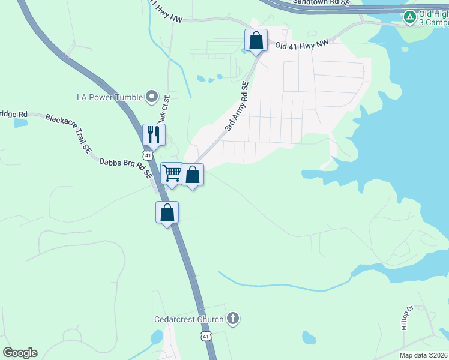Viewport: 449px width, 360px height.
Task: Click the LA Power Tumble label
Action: click(x=110, y=97)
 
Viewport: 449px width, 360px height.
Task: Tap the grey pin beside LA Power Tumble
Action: click(x=152, y=97)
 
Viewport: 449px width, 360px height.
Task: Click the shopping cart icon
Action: click(x=172, y=174)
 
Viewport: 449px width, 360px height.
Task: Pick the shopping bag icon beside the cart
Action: click(x=193, y=175)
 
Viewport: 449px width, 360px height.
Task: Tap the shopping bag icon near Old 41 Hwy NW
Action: click(x=256, y=41)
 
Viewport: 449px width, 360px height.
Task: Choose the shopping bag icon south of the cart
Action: click(x=167, y=212)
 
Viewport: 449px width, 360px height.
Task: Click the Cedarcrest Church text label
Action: click(x=188, y=320)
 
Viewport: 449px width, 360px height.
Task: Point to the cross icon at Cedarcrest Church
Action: click(x=233, y=319)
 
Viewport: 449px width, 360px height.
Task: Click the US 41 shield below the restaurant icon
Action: click(x=148, y=155)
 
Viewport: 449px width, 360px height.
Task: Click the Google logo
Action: click(x=20, y=353)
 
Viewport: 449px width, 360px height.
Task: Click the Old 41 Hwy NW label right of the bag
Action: click(x=302, y=44)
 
